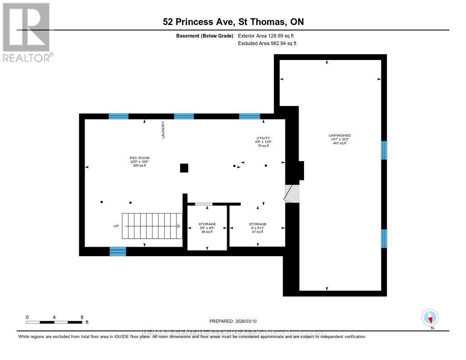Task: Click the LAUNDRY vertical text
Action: (162, 130)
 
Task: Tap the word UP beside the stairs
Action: (116, 226)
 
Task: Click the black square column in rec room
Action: (184, 168)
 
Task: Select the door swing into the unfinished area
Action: (292, 193)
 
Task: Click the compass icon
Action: (430, 318)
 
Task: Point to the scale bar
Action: (54, 322)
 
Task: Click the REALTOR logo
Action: (26, 32)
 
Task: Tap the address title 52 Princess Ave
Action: (233, 21)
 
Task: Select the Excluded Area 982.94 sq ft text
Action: (267, 44)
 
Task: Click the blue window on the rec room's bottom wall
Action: (118, 251)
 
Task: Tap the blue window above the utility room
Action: (249, 117)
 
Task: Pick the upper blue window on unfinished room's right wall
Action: (384, 150)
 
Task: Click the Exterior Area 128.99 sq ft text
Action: (267, 35)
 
